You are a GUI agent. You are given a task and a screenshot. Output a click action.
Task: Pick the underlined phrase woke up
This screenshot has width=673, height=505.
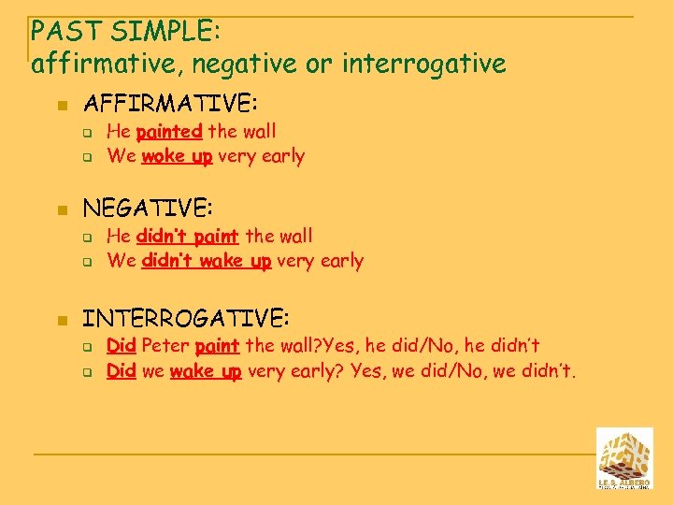click(177, 156)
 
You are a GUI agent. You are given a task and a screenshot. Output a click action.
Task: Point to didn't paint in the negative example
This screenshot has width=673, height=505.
click(187, 236)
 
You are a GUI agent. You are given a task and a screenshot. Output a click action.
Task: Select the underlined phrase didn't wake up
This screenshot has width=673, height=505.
click(206, 261)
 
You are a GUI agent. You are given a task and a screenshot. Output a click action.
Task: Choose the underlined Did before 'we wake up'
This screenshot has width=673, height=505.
click(122, 371)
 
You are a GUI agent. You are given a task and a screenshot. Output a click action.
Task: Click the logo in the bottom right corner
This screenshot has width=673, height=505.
click(624, 458)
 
